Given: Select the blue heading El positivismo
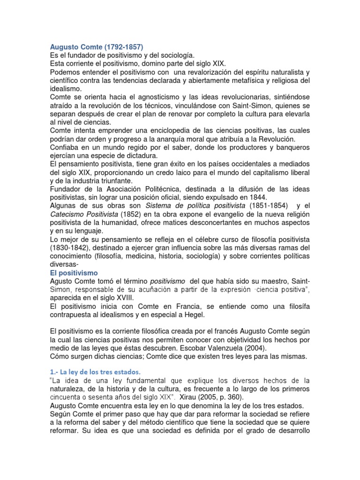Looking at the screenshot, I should [74, 272].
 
